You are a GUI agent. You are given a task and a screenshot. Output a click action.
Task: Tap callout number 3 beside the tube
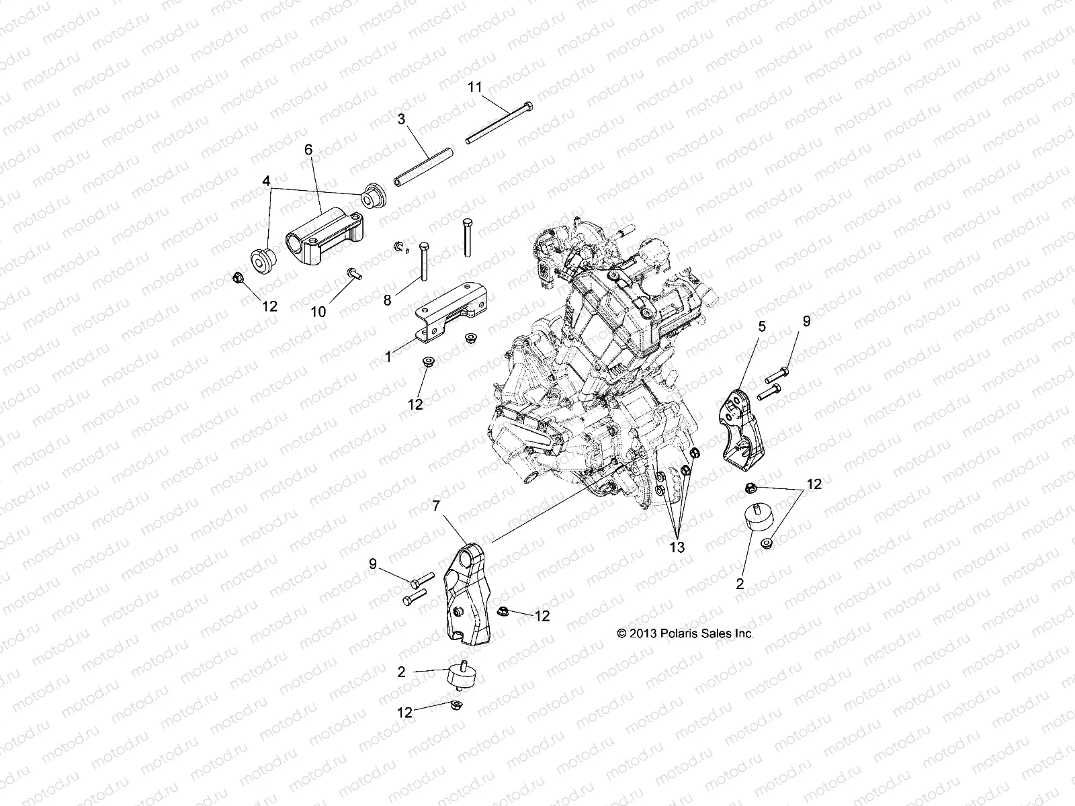(419, 120)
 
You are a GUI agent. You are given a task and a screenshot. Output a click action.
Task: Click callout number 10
(318, 311)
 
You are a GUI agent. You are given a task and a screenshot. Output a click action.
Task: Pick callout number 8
(387, 300)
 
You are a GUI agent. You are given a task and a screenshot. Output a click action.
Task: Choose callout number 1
(388, 357)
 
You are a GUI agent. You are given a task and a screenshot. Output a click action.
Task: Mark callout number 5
(761, 326)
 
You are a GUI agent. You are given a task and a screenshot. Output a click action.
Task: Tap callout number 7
(455, 504)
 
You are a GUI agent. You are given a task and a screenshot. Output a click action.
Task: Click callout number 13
(677, 547)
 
